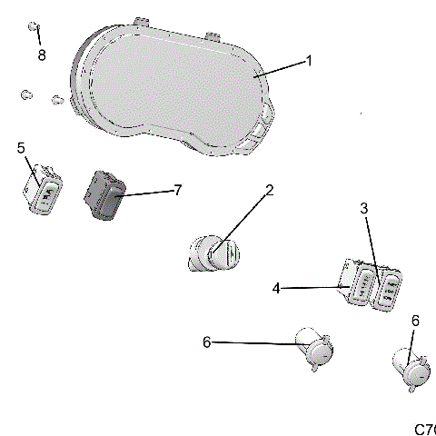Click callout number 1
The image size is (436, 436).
(308, 61)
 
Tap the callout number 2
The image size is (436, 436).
(269, 191)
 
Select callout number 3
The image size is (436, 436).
(364, 208)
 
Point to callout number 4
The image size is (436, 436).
(275, 288)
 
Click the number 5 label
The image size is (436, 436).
(21, 146)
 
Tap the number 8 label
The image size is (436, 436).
(41, 55)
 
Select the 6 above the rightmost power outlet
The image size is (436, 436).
(415, 321)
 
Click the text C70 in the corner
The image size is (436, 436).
(424, 428)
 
